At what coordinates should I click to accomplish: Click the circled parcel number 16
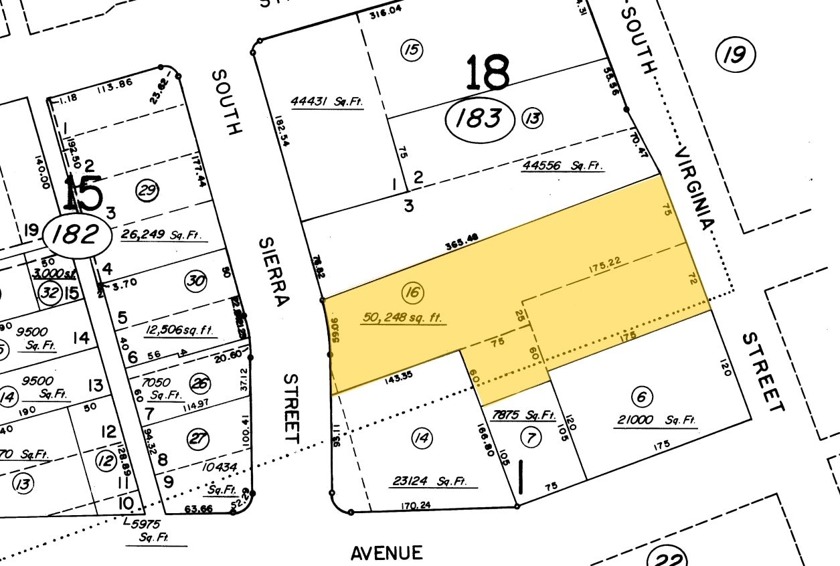413,292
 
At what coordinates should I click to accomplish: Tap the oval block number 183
480,120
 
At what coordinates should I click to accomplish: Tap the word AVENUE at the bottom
387,553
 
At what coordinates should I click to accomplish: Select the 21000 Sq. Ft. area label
655,421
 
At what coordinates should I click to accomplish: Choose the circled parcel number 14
422,439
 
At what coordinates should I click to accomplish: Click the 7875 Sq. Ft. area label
524,415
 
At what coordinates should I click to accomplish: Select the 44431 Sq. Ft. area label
326,102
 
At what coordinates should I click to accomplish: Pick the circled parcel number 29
147,191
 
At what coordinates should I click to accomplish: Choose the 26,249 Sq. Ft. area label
164,235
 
